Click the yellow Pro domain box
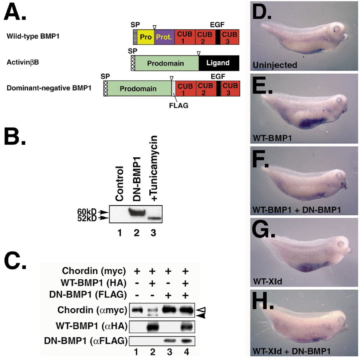pos(144,38)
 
